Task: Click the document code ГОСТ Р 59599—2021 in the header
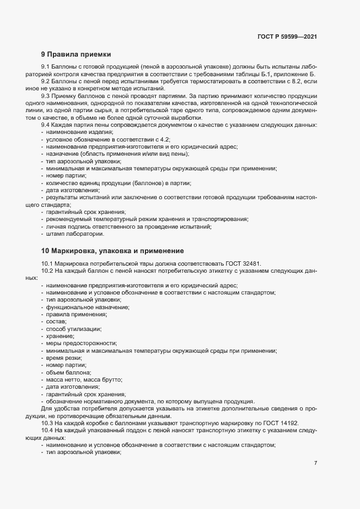click(x=287, y=36)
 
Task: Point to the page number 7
click(x=315, y=463)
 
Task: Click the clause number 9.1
click(x=46, y=66)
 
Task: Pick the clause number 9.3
click(x=46, y=96)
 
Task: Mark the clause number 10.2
click(x=48, y=271)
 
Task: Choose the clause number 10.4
click(x=48, y=431)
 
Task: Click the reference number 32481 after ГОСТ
click(x=252, y=263)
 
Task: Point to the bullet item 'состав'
click(x=56, y=322)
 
